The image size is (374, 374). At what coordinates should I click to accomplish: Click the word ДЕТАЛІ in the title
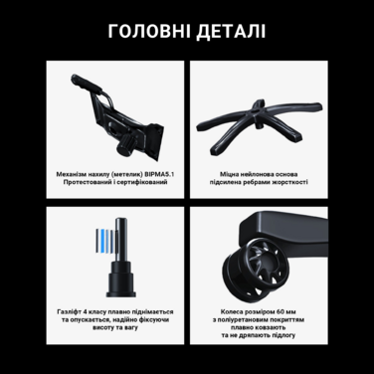tap(229, 31)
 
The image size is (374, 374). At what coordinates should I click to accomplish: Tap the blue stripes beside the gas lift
tap(100, 240)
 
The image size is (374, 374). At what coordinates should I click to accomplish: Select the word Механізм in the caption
tap(74, 172)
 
